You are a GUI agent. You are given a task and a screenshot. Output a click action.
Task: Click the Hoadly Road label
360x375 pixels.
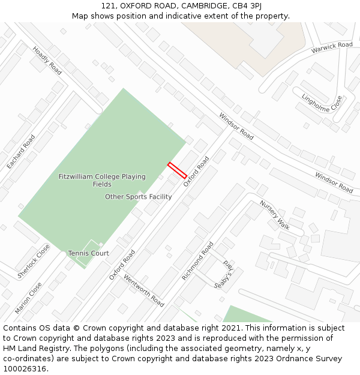[x=47, y=61]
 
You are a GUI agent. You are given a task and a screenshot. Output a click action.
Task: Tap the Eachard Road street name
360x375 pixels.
[x=21, y=151]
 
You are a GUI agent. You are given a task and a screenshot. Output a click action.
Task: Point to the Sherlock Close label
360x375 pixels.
[x=34, y=261]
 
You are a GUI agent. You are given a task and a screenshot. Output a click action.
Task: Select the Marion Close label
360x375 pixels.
[x=29, y=298]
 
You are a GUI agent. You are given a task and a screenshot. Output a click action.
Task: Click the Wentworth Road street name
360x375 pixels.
[x=144, y=290]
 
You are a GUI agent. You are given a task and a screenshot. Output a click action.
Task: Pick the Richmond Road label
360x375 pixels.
[x=198, y=261]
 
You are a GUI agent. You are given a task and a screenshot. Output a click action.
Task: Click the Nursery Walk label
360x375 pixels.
[x=275, y=215]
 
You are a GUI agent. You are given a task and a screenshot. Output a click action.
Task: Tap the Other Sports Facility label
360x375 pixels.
[x=139, y=197]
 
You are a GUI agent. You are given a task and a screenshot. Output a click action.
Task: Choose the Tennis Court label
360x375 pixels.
[x=88, y=253]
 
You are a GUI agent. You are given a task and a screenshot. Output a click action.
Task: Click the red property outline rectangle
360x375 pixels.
[x=177, y=170]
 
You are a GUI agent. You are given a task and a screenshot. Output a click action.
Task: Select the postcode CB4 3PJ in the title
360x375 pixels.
[x=247, y=5]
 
